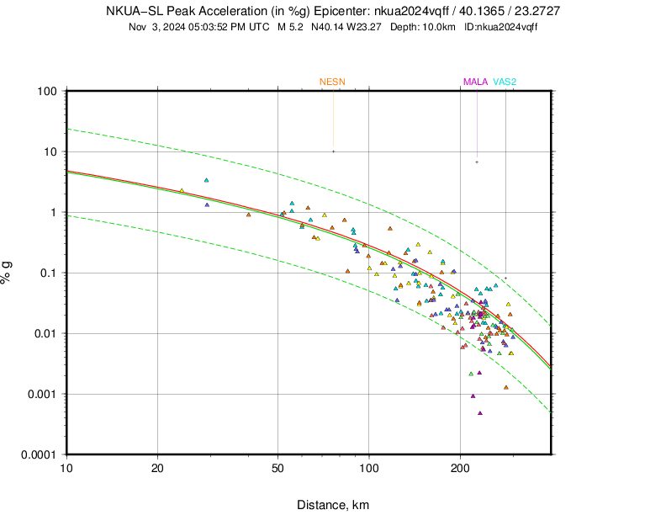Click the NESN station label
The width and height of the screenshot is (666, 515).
tap(332, 82)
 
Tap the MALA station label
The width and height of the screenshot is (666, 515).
tap(475, 82)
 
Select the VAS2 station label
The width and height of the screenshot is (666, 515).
tap(505, 82)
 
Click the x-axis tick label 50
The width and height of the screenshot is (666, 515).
tap(277, 467)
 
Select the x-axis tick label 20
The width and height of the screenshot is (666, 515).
tap(157, 467)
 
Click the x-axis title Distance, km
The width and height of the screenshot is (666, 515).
tap(332, 505)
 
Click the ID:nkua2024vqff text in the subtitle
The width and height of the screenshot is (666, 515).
tap(501, 27)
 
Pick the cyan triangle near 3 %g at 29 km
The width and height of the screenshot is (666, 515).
tap(206, 180)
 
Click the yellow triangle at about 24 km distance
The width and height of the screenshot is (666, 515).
tap(182, 191)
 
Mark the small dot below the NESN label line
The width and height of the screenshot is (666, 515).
tap(333, 151)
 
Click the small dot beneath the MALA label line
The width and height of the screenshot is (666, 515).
tap(477, 162)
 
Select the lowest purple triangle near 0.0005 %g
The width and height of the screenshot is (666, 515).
tap(480, 412)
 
